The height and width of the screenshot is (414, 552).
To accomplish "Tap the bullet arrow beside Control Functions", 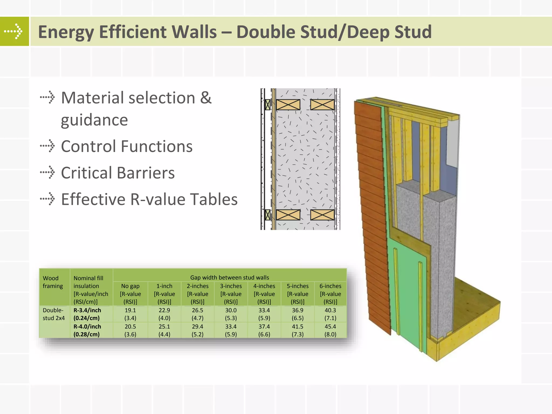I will pos(47,146).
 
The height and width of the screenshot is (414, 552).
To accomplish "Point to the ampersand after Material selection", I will pos(206,98).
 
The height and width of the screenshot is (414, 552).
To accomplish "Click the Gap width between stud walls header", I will pos(229,277).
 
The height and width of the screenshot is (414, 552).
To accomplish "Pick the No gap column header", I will pos(130,294).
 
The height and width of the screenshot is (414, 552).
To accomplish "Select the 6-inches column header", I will pos(330,294).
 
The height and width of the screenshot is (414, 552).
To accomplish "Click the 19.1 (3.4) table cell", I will pos(130,314).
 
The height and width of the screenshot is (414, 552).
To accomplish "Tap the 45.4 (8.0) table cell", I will pos(330,330).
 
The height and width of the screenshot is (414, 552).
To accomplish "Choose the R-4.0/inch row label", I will pos(87,330).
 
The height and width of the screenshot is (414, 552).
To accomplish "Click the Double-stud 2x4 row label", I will pos(54,314).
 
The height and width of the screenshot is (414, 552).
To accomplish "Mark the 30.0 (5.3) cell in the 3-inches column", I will pos(231,314).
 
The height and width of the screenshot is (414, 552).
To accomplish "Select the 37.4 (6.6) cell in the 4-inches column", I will pos(264,330).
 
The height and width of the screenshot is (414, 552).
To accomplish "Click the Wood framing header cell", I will pos(53,282).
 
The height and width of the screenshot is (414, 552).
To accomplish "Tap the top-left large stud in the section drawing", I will pos(288,105).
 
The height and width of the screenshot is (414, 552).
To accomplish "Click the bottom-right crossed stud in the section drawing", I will pos(322,215).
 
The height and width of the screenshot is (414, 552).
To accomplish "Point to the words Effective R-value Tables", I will pos(149,199).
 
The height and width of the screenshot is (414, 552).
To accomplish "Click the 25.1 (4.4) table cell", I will pos(164,330).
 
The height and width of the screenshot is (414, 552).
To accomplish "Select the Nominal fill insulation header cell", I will pos(91,290).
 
